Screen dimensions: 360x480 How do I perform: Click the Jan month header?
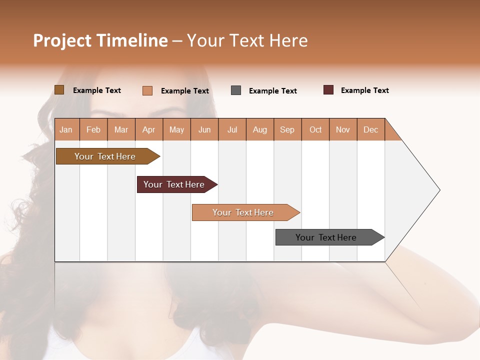[x=66, y=129]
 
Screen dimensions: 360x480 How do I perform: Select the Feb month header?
[x=93, y=129]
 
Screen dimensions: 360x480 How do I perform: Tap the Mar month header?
[x=121, y=129]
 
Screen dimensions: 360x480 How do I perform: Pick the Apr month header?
[x=149, y=129]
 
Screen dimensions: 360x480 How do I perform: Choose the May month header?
[x=176, y=129]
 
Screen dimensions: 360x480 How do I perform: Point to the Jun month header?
[x=204, y=129]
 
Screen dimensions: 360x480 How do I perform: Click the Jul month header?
[x=232, y=129]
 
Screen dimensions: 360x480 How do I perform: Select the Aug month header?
[x=260, y=129]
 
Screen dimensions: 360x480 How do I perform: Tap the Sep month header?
[x=287, y=129]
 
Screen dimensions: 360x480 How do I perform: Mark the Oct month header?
[x=315, y=129]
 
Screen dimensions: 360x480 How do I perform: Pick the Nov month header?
[x=343, y=129]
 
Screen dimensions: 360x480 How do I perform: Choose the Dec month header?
[x=371, y=129]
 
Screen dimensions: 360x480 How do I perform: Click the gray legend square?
[x=236, y=90]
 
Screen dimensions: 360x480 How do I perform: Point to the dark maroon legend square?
[x=328, y=90]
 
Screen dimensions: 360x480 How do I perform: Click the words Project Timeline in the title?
[x=100, y=40]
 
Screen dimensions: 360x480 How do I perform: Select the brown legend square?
[x=59, y=90]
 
